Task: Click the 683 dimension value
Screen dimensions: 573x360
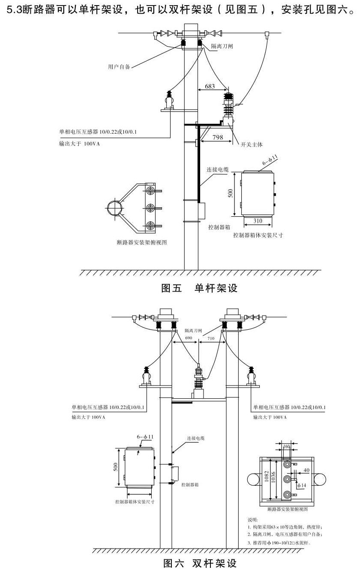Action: [x=210, y=87]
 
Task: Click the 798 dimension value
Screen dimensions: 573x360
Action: [x=217, y=137]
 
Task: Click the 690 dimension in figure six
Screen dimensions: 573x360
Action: [x=189, y=338]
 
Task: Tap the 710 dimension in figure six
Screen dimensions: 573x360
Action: [x=211, y=338]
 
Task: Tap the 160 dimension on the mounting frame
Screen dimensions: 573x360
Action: [x=287, y=447]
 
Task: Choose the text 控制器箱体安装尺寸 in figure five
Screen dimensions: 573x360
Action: [x=258, y=235]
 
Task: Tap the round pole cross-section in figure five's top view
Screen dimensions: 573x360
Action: [x=115, y=208]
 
